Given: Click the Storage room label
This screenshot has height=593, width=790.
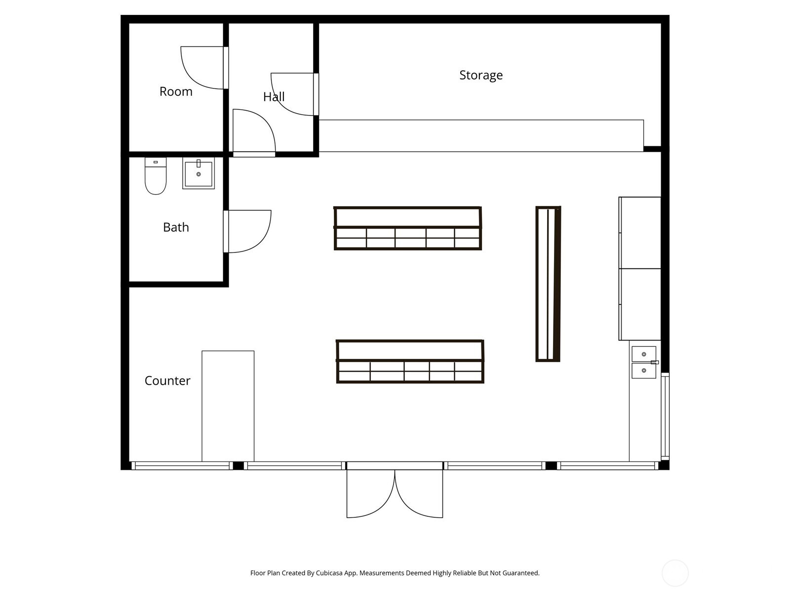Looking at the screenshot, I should (481, 75).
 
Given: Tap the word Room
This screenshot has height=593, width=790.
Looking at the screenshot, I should (176, 91).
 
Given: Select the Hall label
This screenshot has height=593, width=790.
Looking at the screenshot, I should (274, 97).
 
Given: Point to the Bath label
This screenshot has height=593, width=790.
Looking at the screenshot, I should (176, 227).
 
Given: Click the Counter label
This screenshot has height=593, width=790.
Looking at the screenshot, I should (167, 381).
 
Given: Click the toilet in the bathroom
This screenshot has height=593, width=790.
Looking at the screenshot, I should (156, 177).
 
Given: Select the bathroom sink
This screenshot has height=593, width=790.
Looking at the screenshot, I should (198, 173).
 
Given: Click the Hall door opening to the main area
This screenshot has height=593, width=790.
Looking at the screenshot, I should (254, 131).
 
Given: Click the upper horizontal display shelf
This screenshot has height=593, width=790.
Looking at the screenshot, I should (408, 228).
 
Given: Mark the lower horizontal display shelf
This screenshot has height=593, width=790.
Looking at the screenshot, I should (410, 361).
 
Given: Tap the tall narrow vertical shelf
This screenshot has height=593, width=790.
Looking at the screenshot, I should (548, 284).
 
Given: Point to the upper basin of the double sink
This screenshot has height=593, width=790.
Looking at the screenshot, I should (644, 354).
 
